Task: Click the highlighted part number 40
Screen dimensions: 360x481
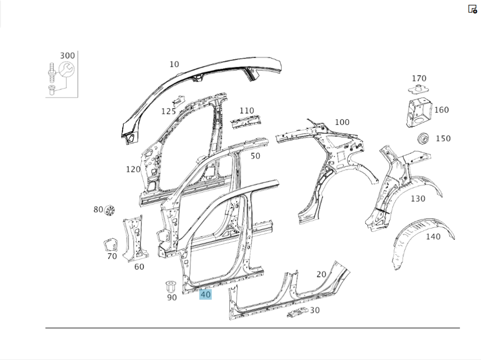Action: coord(205,294)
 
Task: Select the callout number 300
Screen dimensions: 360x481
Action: coord(67,56)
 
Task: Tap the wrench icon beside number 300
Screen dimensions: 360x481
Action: coord(66,70)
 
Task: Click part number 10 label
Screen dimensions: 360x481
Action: coord(174,64)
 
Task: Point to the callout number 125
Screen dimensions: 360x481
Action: coord(168,112)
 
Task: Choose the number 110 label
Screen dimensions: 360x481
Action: coord(247,111)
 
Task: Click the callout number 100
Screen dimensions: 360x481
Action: coord(342,122)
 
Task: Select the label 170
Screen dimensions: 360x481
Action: coord(419,78)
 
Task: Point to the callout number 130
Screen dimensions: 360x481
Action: coord(418,199)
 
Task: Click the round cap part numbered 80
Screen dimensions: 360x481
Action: coord(109,211)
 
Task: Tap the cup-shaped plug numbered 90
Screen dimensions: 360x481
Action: coord(171,286)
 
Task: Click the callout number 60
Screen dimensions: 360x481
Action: coord(139,267)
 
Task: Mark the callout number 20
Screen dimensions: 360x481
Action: coord(321,274)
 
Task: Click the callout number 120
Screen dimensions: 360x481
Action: coord(133,169)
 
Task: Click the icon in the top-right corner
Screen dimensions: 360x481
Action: coord(472,9)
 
